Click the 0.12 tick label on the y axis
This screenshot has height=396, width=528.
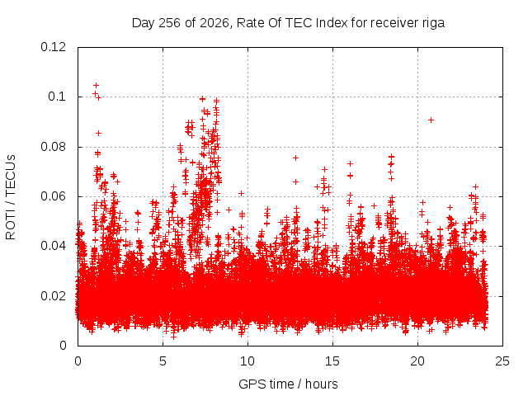53,47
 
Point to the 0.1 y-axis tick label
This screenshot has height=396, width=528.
57,97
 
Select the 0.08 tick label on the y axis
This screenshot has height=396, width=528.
53,147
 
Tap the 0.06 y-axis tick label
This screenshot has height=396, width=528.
53,196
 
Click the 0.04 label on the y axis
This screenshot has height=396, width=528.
53,246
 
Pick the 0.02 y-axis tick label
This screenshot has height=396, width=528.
53,296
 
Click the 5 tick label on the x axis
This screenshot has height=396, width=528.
163,361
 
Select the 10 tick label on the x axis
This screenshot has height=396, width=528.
247,361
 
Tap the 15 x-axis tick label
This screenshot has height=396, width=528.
332,361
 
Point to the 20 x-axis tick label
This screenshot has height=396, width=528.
417,361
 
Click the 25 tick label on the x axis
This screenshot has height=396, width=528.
502,361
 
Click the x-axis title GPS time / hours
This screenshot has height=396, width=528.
288,384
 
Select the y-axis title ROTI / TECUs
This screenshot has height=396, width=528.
11,197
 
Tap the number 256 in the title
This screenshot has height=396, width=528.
170,23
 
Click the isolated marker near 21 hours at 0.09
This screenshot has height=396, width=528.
431,120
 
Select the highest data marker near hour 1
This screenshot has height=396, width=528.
96,85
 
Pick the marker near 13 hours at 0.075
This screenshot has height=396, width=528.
295,158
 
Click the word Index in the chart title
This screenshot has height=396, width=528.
332,23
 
